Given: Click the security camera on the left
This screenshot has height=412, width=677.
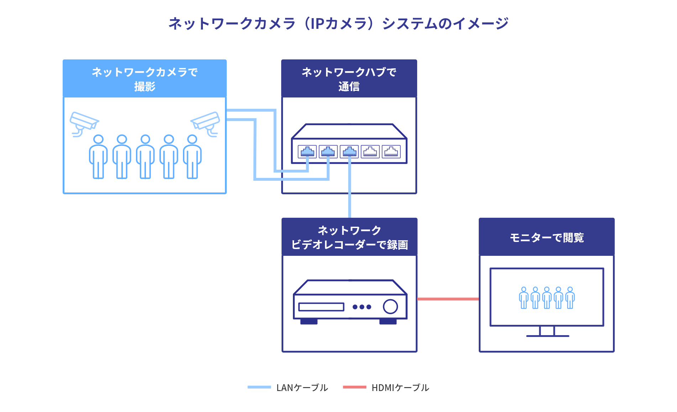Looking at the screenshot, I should (84, 123).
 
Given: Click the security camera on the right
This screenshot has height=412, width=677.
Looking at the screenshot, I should (206, 123).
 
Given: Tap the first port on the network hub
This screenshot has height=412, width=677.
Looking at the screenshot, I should (307, 152).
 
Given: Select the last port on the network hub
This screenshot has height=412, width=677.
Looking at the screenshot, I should (391, 152).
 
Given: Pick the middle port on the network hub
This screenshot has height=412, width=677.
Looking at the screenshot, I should (349, 152).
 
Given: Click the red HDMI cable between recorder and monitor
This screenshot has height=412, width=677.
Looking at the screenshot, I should (448, 299).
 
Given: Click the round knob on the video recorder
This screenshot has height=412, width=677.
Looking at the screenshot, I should (390, 306).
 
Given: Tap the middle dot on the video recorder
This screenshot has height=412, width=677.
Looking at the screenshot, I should (362, 307).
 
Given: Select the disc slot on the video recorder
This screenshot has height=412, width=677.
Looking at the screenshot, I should (321, 307).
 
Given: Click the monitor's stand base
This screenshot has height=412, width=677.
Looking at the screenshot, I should (547, 336).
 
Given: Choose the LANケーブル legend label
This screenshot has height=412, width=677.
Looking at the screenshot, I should (302, 387).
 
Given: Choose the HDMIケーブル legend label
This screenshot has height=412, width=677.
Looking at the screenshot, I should (400, 387).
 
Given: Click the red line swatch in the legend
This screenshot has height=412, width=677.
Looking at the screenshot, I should (355, 387).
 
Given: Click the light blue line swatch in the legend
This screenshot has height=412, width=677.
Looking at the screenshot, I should (259, 387).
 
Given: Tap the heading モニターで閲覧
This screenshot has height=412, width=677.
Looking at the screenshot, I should (547, 237).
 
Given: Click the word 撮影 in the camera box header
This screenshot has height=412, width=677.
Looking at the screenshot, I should (145, 86).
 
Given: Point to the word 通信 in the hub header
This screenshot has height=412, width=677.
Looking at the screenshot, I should (349, 86).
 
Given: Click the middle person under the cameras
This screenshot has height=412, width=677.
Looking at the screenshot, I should (145, 157).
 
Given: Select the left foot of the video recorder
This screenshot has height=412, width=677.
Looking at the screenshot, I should (309, 322).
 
